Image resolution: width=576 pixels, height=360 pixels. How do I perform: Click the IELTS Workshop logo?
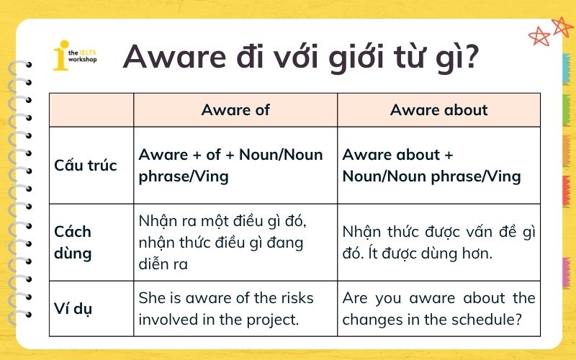[75, 57]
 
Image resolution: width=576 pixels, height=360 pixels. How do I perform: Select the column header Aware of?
[235, 110]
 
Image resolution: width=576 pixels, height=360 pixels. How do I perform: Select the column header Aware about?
[438, 110]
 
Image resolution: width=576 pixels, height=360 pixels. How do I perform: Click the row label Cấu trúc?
[85, 166]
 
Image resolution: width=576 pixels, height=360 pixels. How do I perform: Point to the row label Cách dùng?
[73, 242]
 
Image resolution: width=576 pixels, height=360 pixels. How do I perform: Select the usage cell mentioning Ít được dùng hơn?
[438, 242]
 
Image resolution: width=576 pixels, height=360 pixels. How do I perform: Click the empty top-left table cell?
[91, 110]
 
